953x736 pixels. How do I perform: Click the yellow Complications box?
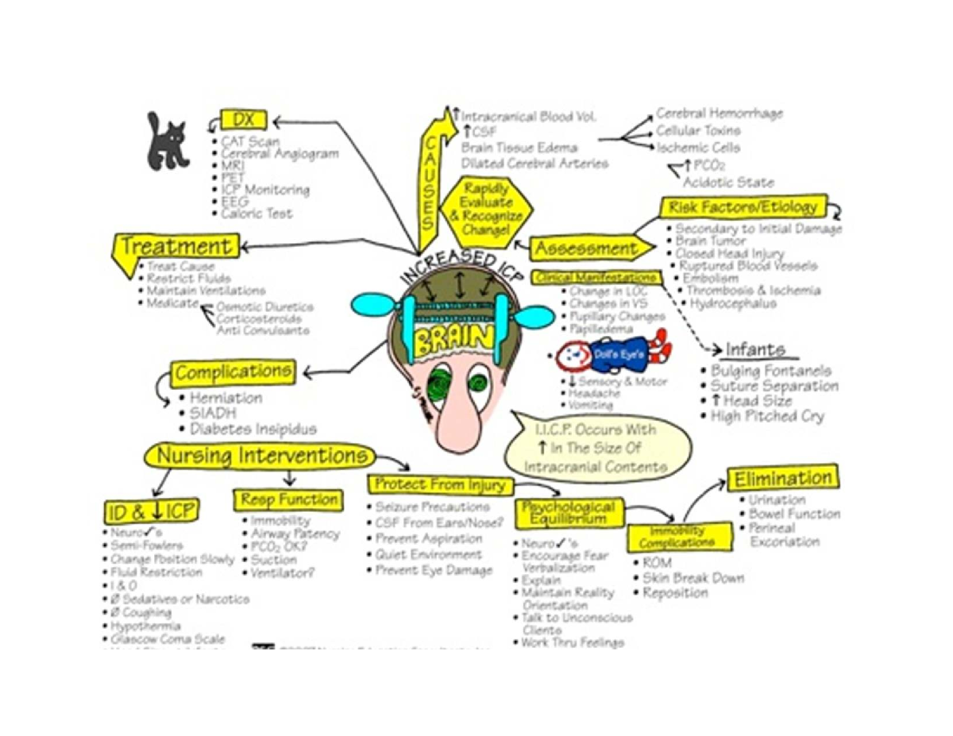point(233,372)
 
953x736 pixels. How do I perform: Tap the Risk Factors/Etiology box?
point(743,208)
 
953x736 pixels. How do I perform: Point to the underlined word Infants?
point(754,350)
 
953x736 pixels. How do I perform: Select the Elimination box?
point(782,479)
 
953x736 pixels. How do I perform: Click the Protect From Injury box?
point(440,484)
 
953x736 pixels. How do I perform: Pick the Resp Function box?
point(288,500)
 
